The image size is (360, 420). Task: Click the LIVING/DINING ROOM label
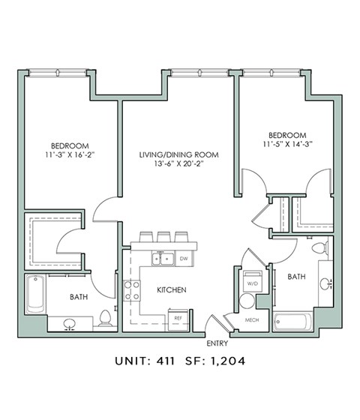(178, 155)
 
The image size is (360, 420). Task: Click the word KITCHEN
(171, 289)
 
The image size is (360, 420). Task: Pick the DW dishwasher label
(184, 259)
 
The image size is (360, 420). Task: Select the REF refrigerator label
(178, 318)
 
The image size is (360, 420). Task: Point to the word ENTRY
(217, 343)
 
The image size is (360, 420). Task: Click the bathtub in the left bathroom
(36, 295)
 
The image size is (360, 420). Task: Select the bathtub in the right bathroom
(293, 322)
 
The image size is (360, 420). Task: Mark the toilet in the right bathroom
(318, 247)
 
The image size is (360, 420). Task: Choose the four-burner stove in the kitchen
(132, 290)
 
